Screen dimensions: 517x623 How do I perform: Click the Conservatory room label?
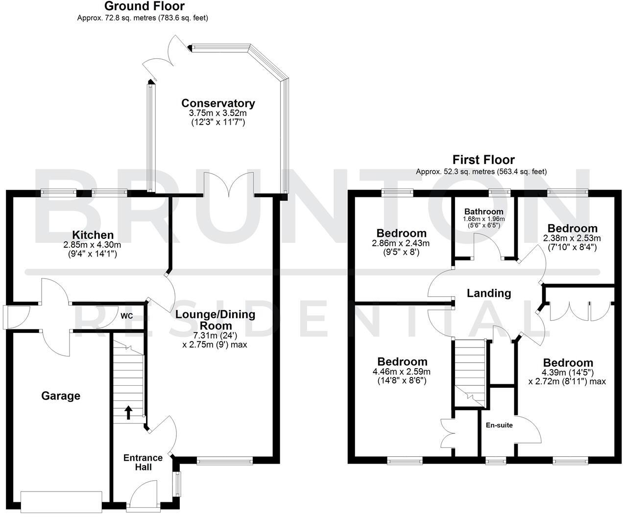218,103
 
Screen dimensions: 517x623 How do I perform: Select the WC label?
127,316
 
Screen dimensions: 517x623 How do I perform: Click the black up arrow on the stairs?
128,412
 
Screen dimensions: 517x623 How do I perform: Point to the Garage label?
61,396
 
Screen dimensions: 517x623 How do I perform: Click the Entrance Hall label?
143,462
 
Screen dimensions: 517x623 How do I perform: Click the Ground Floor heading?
144,6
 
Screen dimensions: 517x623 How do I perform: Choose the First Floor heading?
483,160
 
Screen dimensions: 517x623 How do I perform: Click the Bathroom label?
483,211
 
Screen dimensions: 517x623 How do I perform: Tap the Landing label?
488,293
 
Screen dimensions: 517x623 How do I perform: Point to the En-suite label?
499,425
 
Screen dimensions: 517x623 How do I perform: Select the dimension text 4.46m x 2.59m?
402,372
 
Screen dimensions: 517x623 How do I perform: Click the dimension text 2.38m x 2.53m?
572,238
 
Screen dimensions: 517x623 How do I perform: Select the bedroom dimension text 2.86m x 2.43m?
401,243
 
